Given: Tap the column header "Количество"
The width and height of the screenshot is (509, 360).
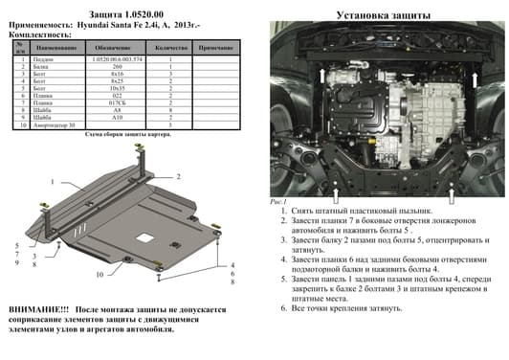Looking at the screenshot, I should pos(169,47).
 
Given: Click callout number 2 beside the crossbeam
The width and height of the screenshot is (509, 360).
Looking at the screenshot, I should pos(178,177).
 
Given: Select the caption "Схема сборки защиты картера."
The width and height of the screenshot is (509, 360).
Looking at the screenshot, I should pos(126,136).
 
